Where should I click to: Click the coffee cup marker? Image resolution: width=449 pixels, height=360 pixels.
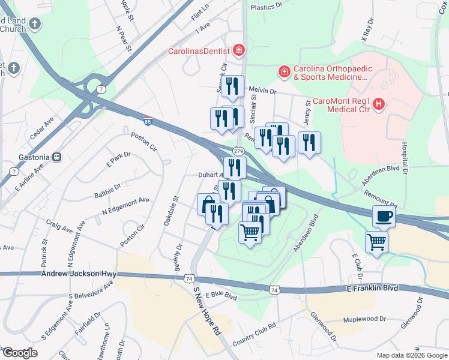(x=384, y=216)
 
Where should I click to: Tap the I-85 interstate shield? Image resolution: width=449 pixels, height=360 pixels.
(x=148, y=121)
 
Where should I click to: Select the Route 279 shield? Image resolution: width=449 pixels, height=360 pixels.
(x=239, y=150)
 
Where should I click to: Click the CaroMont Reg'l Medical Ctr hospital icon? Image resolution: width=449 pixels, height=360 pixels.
(x=379, y=104)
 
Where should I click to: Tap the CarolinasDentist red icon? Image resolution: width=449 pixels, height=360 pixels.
(x=239, y=50)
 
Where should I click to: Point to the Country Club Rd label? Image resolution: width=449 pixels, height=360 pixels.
(x=254, y=334)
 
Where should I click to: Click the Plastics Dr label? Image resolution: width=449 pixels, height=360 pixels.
(x=266, y=7)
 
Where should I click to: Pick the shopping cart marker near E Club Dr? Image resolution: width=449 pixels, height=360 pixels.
(x=376, y=242)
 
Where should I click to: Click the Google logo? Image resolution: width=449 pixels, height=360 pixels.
(x=20, y=353)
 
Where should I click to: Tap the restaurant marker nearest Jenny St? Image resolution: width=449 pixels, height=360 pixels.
(x=309, y=142)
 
